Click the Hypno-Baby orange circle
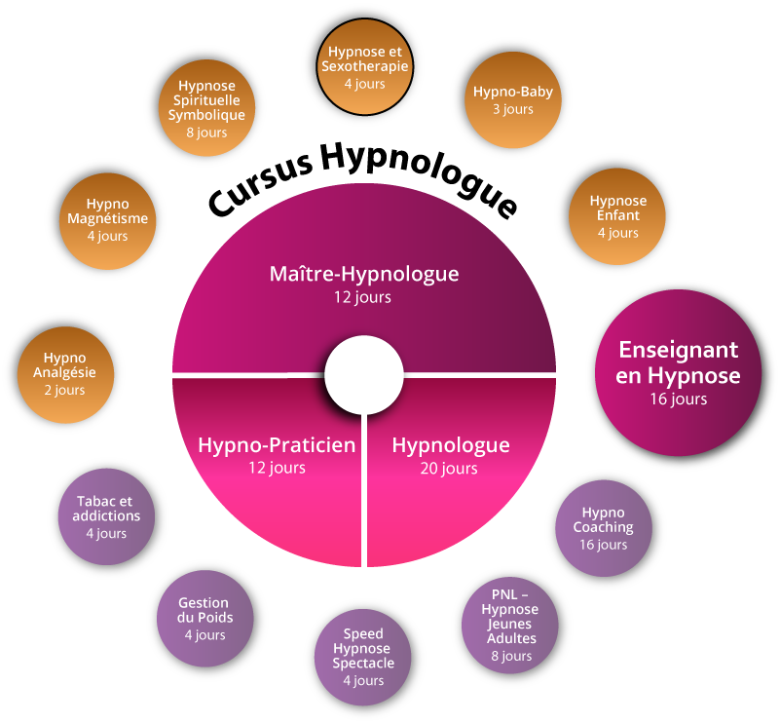tap(513, 100)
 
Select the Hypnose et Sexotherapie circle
tap(364, 67)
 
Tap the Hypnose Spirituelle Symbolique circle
tap(205, 108)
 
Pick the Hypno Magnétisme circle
tap(107, 220)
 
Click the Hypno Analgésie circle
tap(65, 374)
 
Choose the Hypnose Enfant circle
tap(617, 216)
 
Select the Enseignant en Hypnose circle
tap(678, 374)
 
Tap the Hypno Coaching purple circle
tap(603, 527)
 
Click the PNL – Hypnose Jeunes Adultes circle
tap(510, 624)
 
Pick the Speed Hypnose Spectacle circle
tap(363, 656)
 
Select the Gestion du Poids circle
tap(204, 619)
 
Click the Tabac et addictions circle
tap(107, 516)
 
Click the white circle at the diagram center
tap(363, 375)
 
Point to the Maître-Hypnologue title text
tap(363, 274)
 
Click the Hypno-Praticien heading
tap(276, 445)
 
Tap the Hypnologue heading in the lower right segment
tap(450, 445)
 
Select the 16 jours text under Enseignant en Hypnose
tap(678, 399)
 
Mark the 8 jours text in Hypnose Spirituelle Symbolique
tap(205, 133)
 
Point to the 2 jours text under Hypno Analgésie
tap(65, 390)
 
